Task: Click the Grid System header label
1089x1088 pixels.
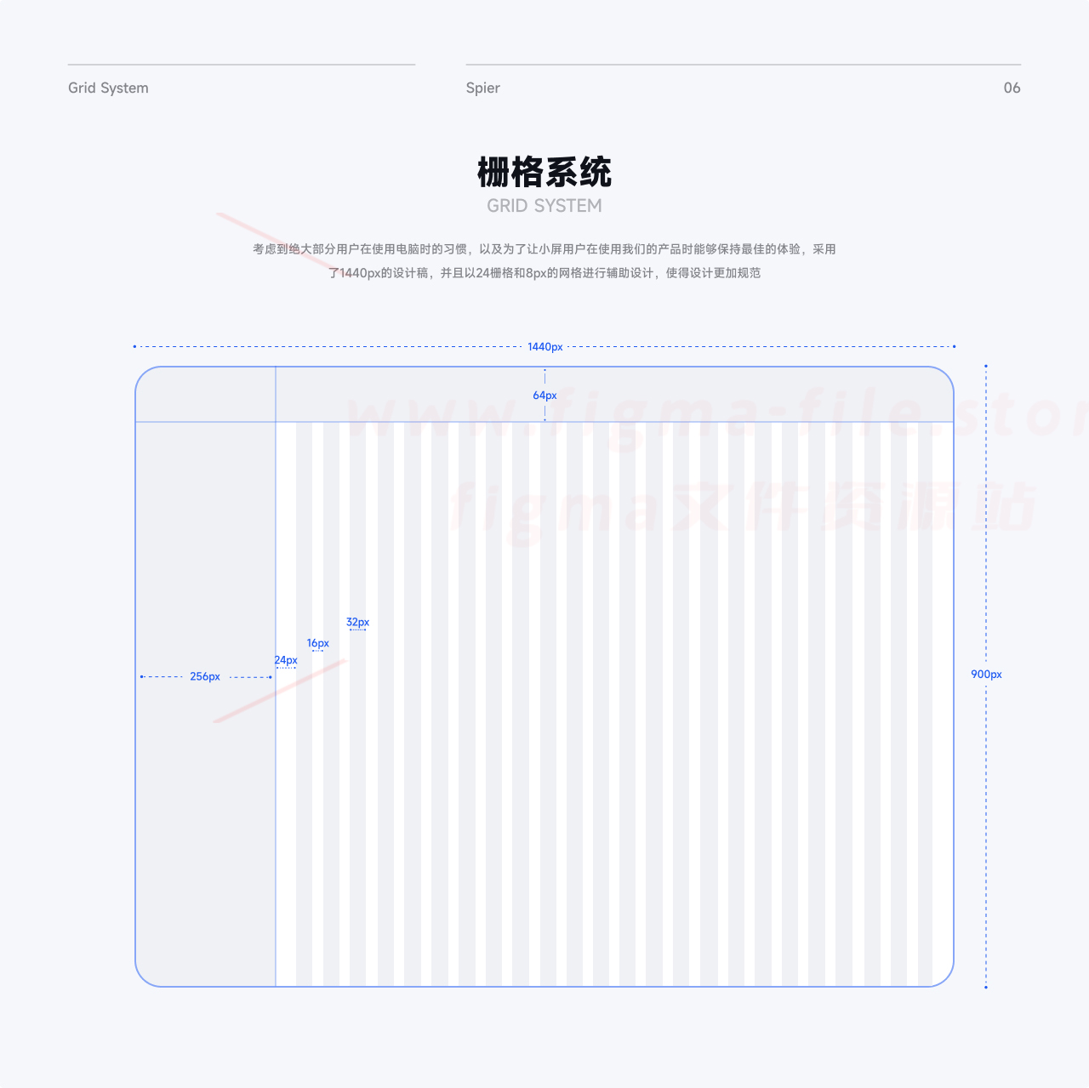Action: click(108, 88)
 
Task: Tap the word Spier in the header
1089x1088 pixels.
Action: click(482, 88)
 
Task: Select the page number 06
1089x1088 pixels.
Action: click(1012, 88)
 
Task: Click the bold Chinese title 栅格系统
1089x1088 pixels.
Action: click(544, 172)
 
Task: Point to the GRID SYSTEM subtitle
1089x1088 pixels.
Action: click(544, 206)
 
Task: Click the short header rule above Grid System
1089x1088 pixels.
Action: click(242, 65)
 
